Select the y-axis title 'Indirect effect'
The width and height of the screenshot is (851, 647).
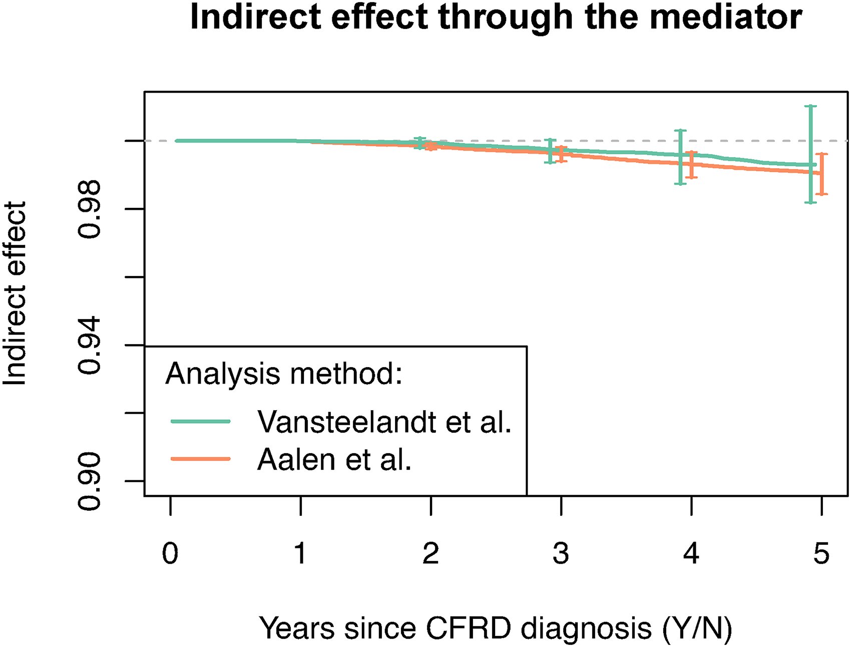15,293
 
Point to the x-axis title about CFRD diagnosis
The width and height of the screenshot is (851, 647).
496,628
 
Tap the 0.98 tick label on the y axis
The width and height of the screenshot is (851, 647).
90,209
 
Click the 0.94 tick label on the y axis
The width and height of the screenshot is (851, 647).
90,346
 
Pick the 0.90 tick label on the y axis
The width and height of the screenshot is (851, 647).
90,481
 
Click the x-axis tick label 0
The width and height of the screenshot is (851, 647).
170,554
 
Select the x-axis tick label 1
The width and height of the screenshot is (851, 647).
300,554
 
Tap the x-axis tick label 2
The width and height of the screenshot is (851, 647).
431,554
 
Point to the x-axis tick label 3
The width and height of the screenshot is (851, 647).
561,554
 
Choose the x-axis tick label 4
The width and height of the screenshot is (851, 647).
691,554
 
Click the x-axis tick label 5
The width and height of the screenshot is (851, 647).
821,554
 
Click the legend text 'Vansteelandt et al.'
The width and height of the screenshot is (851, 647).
384,422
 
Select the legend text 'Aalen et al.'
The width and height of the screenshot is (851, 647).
334,459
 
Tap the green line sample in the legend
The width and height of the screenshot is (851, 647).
200,422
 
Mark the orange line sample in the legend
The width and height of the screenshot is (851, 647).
200,459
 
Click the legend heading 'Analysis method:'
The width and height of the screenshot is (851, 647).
284,374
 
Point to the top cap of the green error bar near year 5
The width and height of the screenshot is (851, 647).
811,106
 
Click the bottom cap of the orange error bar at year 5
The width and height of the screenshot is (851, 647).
821,194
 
